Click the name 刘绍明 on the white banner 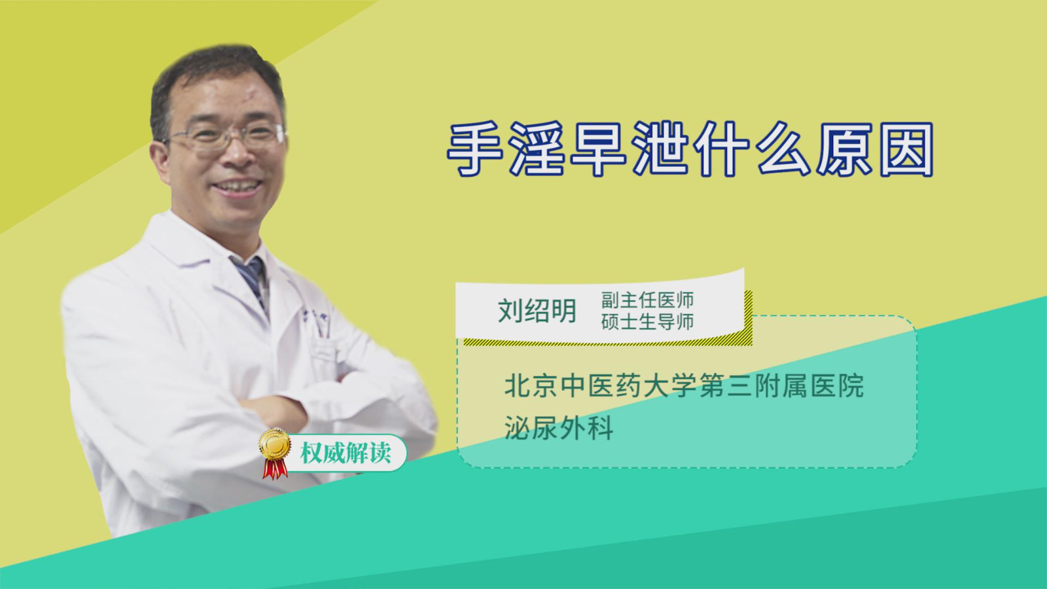tap(537, 311)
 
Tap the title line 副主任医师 tap(647, 300)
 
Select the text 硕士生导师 tap(647, 322)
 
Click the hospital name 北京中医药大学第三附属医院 tap(684, 386)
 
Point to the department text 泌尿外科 tap(559, 427)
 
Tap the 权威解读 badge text tap(346, 453)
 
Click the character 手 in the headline tap(475, 149)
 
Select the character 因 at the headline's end tap(906, 149)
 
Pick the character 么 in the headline tap(783, 149)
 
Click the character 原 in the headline tap(845, 149)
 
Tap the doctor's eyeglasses tap(226, 137)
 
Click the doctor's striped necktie tap(252, 281)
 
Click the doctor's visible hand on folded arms tap(275, 412)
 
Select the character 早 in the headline tap(598, 149)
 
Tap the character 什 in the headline tap(722, 149)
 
